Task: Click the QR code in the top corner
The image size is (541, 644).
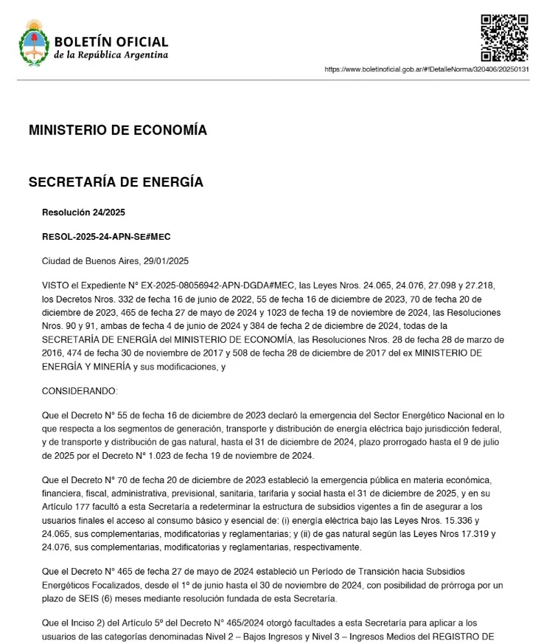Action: click(x=504, y=37)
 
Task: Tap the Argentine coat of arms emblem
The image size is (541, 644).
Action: click(x=33, y=44)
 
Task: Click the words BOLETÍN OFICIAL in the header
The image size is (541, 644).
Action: click(x=111, y=42)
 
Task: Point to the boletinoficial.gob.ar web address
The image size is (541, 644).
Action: click(x=427, y=69)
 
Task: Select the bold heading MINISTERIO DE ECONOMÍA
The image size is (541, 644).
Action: click(x=117, y=131)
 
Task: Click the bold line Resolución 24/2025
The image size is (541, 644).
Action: click(x=83, y=212)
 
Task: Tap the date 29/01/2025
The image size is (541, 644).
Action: click(x=167, y=260)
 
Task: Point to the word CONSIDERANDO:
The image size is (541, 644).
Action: click(x=80, y=389)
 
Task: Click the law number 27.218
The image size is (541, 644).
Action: click(x=486, y=284)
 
